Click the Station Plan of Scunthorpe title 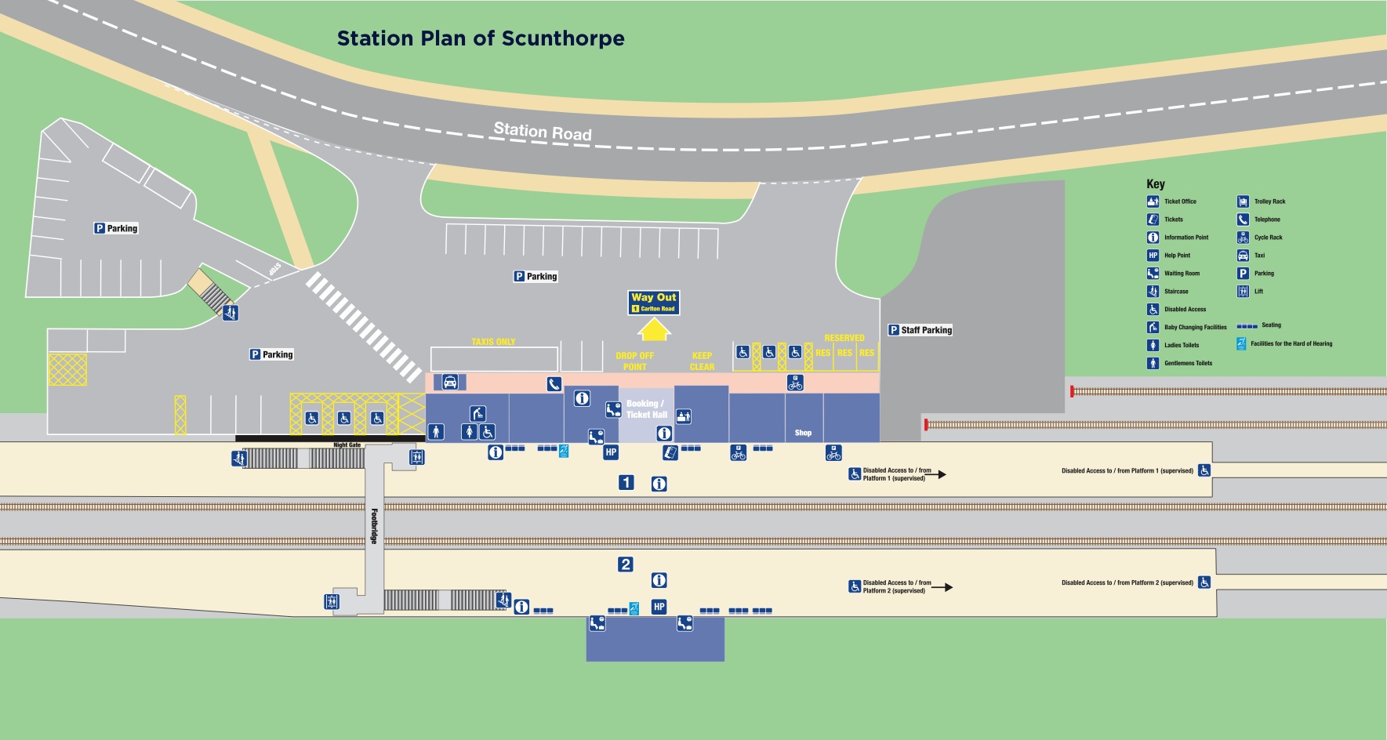pos(480,38)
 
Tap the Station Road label pos(543,132)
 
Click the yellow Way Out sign pos(654,302)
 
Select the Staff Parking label pos(920,330)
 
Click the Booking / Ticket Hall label pos(646,409)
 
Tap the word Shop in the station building pos(803,433)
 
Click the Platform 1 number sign pos(626,482)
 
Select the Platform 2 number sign pos(625,564)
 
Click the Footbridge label pos(374,526)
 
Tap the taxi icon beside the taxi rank pos(450,382)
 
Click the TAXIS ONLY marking pos(493,342)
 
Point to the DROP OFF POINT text pos(634,361)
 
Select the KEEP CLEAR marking pos(702,361)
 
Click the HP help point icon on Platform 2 pos(659,607)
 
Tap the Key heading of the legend pos(1156,184)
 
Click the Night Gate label pos(347,445)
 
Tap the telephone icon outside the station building pos(554,384)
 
